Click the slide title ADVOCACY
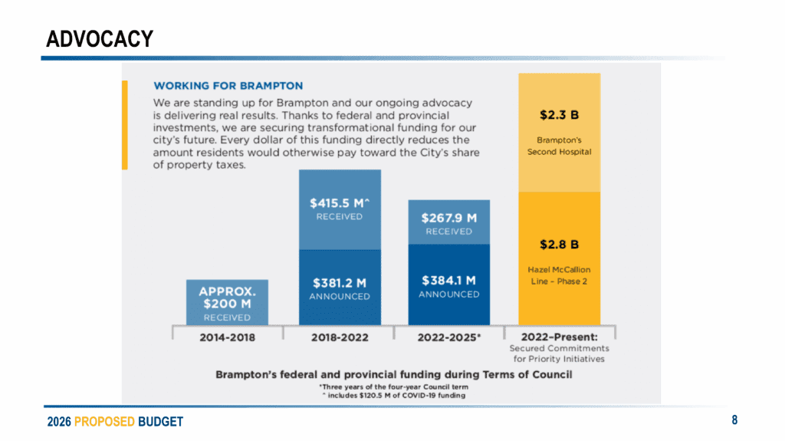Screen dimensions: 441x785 (x=100, y=38)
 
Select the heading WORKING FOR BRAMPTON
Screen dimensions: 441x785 (x=228, y=86)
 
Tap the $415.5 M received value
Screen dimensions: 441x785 (x=339, y=204)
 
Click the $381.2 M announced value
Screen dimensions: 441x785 (x=339, y=281)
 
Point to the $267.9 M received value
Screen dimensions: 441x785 (x=448, y=218)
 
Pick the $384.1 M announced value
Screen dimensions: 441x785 (x=448, y=280)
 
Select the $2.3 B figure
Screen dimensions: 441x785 (x=559, y=115)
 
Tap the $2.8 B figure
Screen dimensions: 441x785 (x=559, y=245)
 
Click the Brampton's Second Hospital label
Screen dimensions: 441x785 (x=559, y=146)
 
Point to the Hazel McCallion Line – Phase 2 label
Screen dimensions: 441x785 (x=559, y=275)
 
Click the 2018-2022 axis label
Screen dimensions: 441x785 (x=339, y=337)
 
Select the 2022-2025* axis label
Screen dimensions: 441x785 (x=448, y=337)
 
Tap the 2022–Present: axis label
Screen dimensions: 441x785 (x=559, y=337)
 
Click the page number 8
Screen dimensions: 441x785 (x=734, y=420)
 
